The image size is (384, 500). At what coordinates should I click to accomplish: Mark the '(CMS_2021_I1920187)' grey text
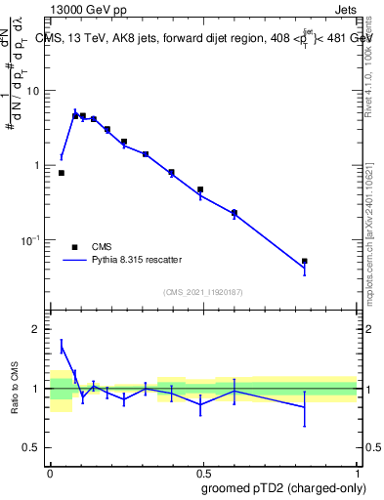(x=203, y=292)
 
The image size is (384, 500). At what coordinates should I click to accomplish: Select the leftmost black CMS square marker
(x=62, y=173)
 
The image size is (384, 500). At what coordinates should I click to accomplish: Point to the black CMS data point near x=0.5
(x=200, y=189)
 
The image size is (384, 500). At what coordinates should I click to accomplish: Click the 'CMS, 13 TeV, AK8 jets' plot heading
(x=117, y=39)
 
